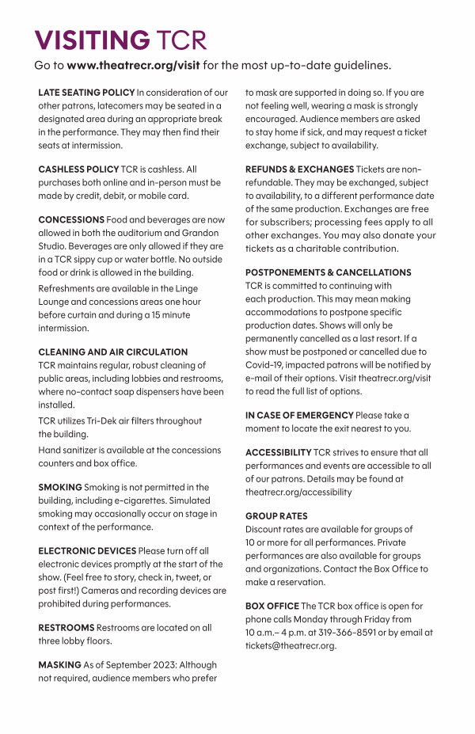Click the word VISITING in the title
[x=92, y=40]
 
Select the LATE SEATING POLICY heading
[x=86, y=93]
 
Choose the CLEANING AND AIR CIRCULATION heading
[x=113, y=352]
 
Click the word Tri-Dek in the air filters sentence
[x=97, y=421]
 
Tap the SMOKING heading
[x=60, y=487]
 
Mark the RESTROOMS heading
[x=66, y=627]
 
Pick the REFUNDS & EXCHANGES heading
[x=299, y=169]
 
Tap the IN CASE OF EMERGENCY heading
[x=299, y=415]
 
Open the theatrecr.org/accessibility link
[x=298, y=492]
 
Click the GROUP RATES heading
[x=276, y=516]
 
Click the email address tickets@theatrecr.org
[x=291, y=645]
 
